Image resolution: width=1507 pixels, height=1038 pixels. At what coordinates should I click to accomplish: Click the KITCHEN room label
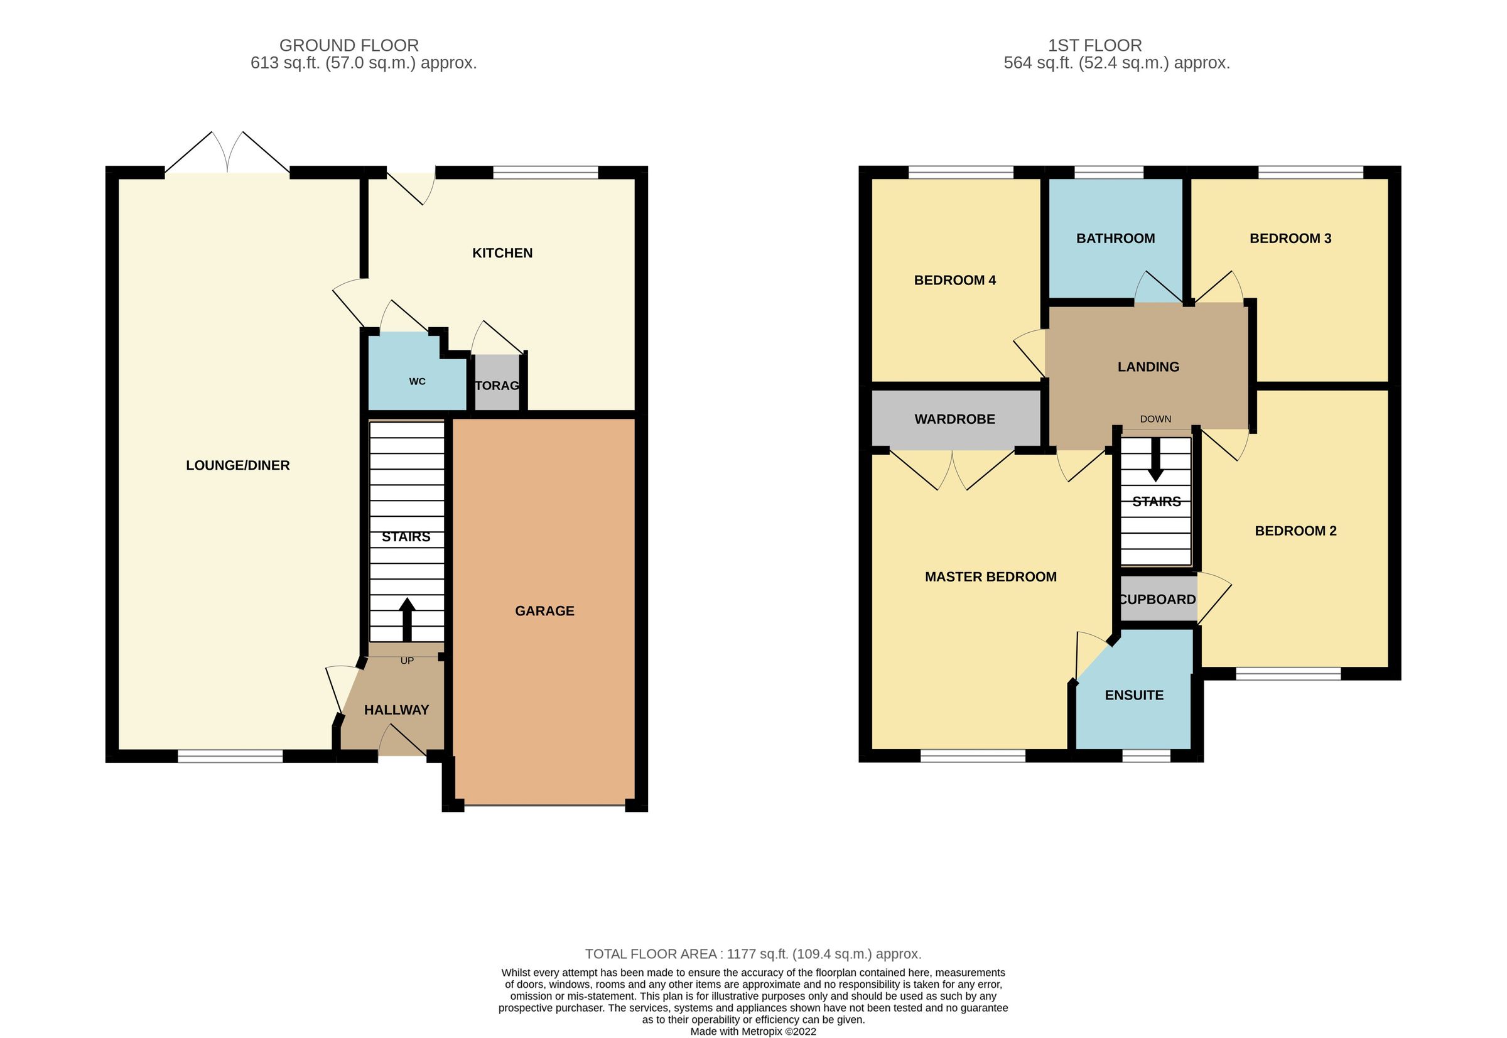502,253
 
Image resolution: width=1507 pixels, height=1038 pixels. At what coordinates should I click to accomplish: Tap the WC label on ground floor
417,381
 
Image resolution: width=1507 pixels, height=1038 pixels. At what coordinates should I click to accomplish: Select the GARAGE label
544,611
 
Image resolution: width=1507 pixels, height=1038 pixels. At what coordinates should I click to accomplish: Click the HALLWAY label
396,710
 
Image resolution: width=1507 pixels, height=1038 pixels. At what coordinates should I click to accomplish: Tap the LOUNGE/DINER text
237,465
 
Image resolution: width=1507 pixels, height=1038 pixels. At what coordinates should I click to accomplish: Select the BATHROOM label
1115,238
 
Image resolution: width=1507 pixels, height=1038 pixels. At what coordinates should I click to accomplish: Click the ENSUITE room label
1133,695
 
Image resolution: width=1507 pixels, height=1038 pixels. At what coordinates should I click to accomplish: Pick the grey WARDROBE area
954,419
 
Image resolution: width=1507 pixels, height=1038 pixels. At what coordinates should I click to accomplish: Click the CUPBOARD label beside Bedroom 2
1157,599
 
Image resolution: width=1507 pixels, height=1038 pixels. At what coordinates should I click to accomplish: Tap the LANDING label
1148,367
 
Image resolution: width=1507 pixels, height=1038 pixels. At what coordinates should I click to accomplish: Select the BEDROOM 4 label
954,280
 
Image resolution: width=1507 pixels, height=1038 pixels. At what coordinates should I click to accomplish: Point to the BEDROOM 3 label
1290,238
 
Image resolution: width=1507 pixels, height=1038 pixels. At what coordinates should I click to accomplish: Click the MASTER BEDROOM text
990,576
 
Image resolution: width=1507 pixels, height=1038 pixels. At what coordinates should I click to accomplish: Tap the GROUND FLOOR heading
348,45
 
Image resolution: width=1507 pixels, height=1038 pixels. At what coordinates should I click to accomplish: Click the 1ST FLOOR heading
1094,45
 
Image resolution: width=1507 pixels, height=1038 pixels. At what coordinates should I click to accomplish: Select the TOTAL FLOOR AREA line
752,953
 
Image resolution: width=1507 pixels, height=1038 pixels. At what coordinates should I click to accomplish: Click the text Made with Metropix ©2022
752,1031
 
